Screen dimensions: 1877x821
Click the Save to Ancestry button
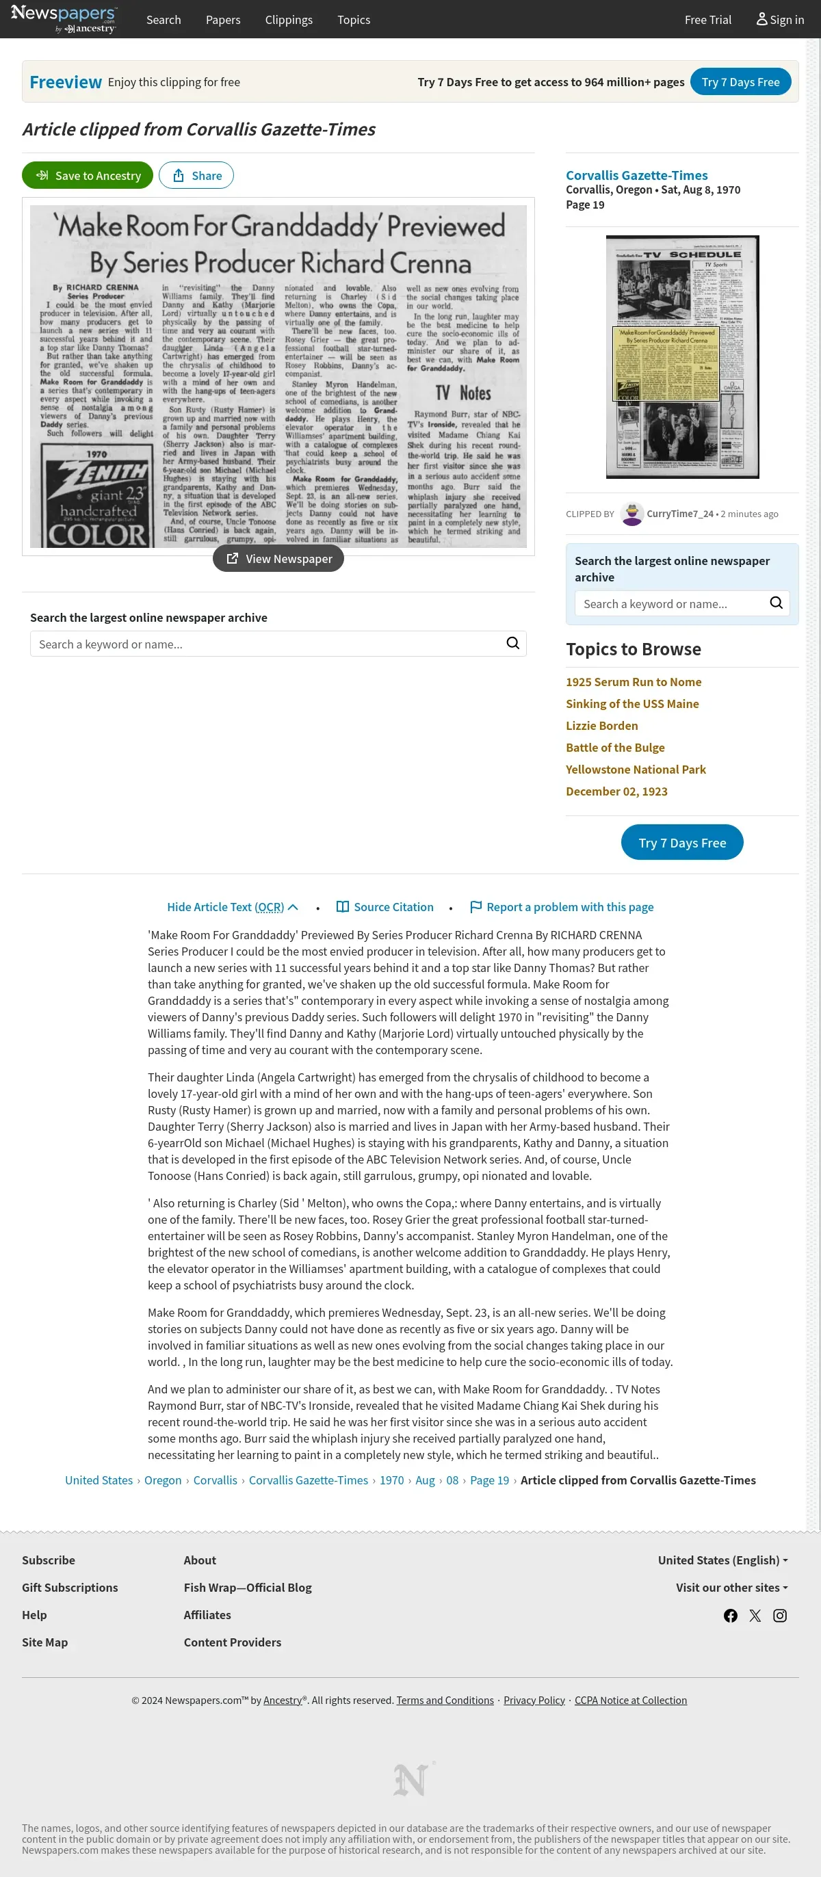(88, 176)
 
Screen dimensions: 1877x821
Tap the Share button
(196, 176)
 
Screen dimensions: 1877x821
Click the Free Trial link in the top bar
(707, 20)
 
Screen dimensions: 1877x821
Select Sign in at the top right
(779, 20)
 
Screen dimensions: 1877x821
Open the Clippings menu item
(289, 20)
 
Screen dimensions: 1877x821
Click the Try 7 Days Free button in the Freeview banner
(740, 82)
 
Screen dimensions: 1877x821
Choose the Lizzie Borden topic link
(602, 726)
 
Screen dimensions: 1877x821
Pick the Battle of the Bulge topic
(615, 748)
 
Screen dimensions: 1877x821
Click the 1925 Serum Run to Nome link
(633, 682)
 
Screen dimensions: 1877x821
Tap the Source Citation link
(385, 907)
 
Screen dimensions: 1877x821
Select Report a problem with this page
(562, 907)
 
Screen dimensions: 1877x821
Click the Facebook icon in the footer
(730, 1616)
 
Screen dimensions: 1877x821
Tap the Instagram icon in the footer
(779, 1616)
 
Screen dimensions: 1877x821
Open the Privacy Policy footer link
(534, 1700)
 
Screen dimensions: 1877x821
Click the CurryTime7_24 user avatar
(631, 514)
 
